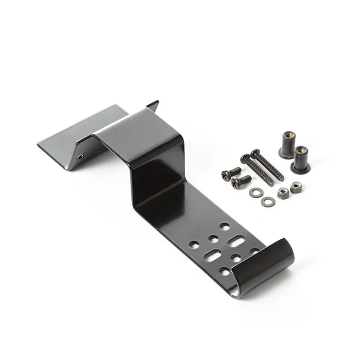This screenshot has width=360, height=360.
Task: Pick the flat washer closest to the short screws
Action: (x=255, y=193)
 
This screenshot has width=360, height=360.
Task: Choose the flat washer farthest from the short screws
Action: (x=266, y=202)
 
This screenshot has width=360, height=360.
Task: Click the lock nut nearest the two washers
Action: (x=283, y=193)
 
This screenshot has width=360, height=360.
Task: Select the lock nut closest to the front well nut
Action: (x=296, y=187)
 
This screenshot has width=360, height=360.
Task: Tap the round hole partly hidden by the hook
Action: (x=254, y=251)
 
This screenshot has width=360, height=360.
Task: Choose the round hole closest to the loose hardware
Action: (x=225, y=226)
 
